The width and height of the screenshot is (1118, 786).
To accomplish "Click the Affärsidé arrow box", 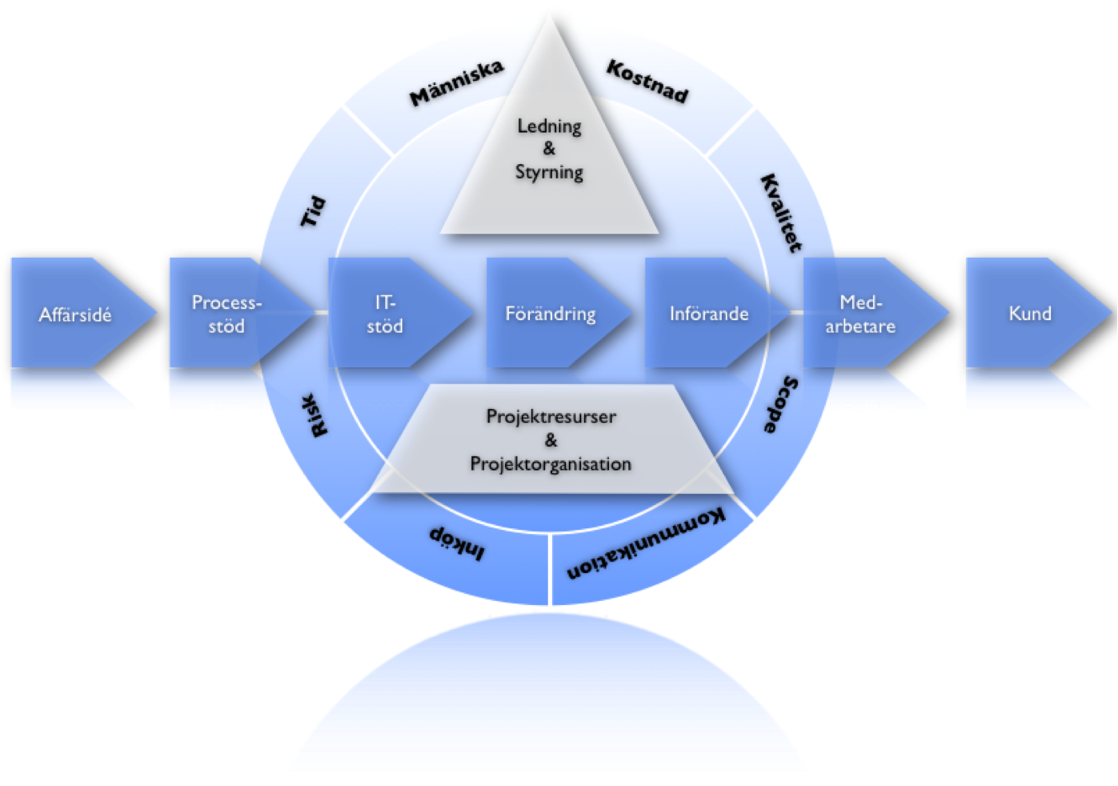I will [x=76, y=314].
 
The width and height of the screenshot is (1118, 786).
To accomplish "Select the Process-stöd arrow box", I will [x=226, y=314].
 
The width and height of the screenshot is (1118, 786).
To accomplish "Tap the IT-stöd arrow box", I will [x=386, y=314].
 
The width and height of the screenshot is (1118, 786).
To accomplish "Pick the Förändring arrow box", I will [x=551, y=314].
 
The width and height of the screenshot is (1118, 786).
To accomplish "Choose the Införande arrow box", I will [x=709, y=314].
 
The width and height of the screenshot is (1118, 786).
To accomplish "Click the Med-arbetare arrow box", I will [x=861, y=314].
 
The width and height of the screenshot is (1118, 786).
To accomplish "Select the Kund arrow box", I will [x=1030, y=314].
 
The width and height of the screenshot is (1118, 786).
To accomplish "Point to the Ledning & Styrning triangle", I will [x=550, y=160].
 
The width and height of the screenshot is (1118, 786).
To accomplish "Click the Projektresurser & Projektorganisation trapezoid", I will [x=551, y=440].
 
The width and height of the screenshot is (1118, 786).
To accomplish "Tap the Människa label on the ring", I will [x=456, y=83].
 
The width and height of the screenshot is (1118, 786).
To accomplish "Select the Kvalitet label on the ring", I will [x=780, y=213].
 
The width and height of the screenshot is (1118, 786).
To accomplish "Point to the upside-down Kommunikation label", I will [x=647, y=544].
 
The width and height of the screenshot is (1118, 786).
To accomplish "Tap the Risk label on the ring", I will [x=318, y=415].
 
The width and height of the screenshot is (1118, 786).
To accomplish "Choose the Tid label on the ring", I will [x=313, y=211].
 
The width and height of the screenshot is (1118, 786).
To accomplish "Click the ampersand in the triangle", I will [x=549, y=148].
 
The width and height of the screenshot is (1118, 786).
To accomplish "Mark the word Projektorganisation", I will [x=551, y=464].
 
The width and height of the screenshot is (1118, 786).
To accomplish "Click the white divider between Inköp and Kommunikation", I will [x=551, y=568].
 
